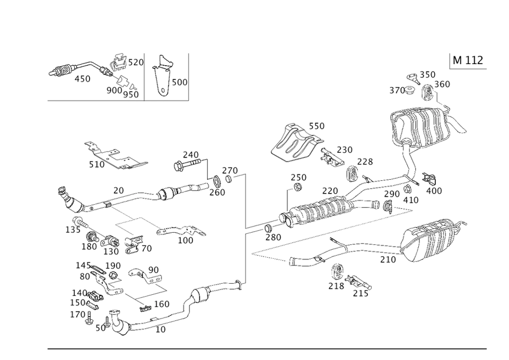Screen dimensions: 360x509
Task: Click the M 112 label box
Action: tap(467, 60)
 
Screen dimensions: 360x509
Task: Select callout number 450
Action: tap(83, 80)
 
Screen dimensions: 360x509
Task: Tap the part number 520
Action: tap(136, 63)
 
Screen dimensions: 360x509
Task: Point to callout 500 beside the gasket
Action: tap(179, 83)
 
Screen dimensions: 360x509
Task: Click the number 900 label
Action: tap(114, 90)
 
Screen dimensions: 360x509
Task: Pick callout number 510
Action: tap(97, 165)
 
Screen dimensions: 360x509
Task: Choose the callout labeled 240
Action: tap(190, 154)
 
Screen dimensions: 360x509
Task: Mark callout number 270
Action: tap(230, 170)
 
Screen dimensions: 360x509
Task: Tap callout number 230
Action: tap(344, 150)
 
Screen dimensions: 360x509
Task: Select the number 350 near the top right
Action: tap(427, 75)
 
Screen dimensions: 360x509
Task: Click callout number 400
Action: tap(433, 190)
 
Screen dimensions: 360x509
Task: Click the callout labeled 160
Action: tap(162, 304)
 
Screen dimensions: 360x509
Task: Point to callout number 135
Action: tap(72, 230)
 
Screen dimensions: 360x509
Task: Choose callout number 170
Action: tap(78, 314)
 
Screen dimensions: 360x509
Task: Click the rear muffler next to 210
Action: tap(435, 239)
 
